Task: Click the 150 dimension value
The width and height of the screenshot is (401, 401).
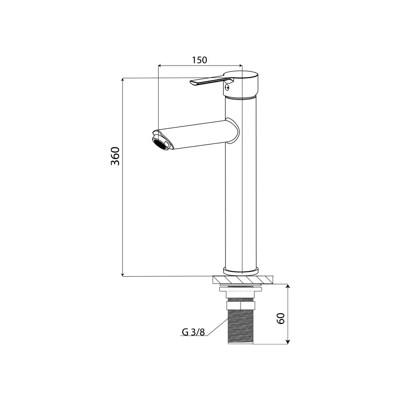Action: click(200, 60)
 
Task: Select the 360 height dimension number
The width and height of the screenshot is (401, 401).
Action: click(115, 156)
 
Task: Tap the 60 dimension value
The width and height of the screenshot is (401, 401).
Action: click(281, 319)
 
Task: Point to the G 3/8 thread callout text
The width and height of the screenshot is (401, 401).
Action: click(193, 332)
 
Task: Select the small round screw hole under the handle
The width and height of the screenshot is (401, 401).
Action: click(227, 87)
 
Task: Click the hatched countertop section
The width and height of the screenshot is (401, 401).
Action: click(243, 279)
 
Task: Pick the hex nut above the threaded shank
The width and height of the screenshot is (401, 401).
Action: click(241, 305)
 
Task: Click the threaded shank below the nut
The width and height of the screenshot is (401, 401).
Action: click(241, 327)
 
